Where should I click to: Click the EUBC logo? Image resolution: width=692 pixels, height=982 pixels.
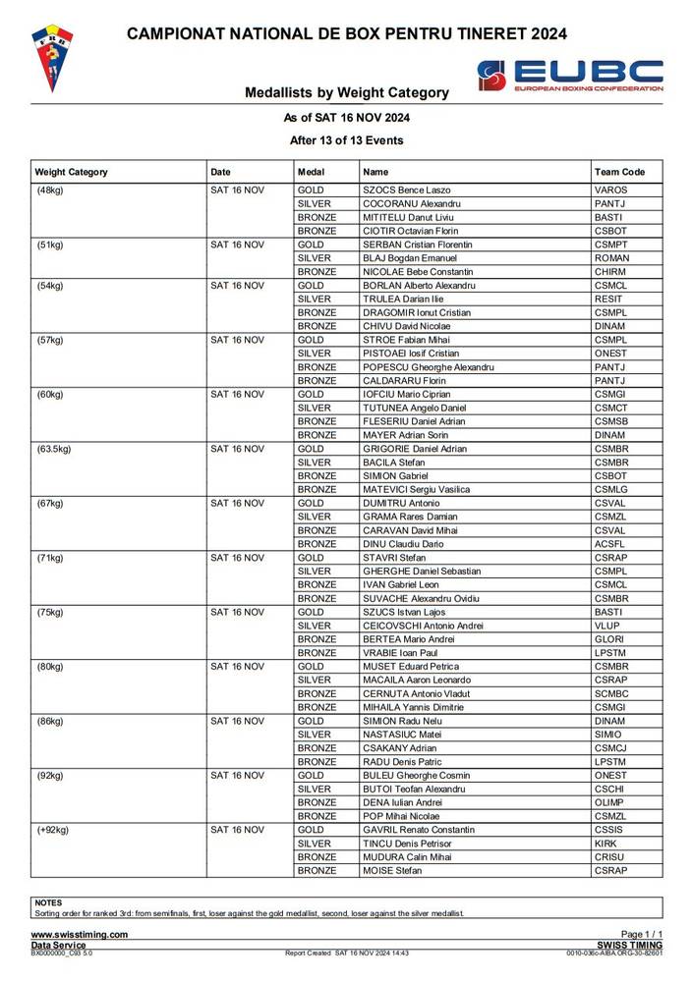569,76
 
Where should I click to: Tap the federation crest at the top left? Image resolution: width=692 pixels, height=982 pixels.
54,59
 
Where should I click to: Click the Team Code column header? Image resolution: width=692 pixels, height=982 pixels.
619,172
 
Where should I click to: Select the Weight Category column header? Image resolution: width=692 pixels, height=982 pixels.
71,172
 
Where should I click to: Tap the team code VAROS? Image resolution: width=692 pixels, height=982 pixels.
610,190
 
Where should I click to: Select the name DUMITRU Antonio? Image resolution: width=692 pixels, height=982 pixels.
401,503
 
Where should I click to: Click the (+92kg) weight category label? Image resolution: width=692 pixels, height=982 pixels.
53,830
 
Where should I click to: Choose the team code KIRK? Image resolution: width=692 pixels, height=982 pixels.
605,844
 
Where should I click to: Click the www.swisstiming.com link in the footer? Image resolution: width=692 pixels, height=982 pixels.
80,935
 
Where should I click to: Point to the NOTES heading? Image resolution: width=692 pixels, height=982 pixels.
48,902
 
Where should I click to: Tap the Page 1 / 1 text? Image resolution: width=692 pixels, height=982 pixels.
642,935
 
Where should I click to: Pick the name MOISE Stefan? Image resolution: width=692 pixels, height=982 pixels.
392,870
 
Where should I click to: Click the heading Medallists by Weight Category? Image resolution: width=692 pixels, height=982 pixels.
347,93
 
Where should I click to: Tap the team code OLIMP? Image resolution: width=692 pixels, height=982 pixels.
609,802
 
